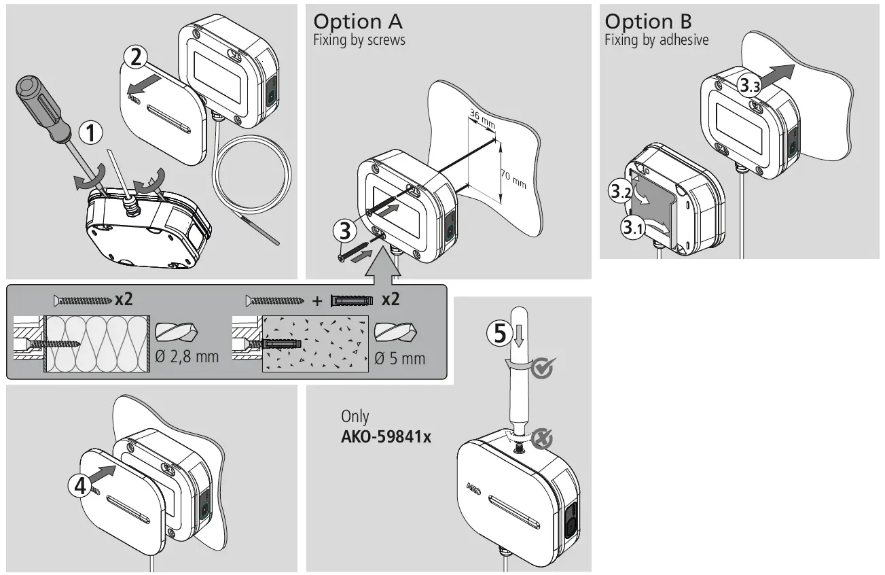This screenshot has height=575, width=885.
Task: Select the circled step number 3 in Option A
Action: tap(345, 231)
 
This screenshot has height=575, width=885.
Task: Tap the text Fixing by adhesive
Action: tap(656, 40)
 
